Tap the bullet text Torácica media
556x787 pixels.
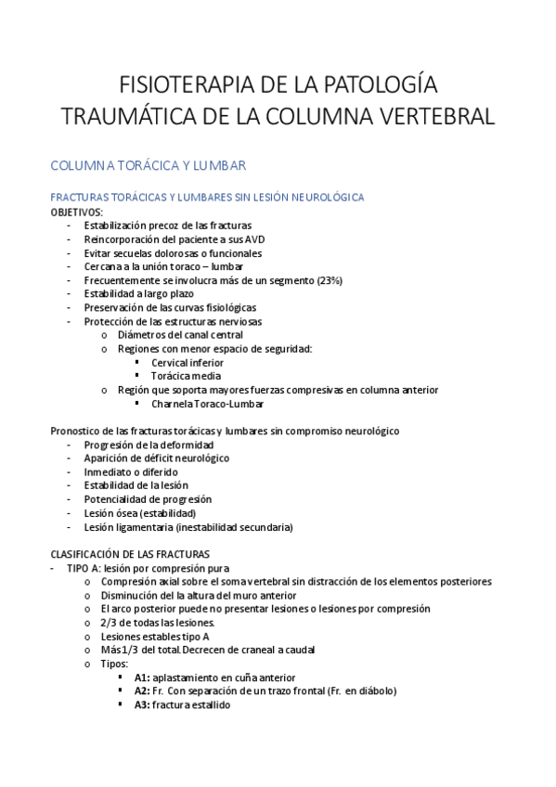point(186,377)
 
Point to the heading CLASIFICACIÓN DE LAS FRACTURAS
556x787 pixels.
point(129,554)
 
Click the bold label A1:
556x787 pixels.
point(142,677)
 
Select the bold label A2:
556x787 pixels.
point(142,691)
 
